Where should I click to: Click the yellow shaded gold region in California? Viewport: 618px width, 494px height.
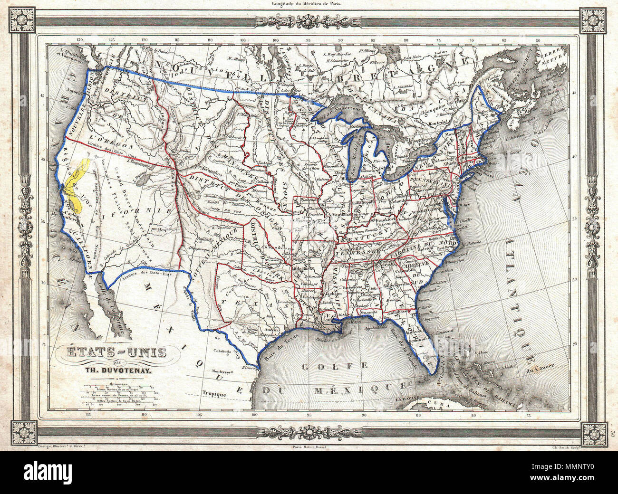pos(76,185)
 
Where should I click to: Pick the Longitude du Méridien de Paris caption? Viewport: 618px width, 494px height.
pos(307,4)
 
